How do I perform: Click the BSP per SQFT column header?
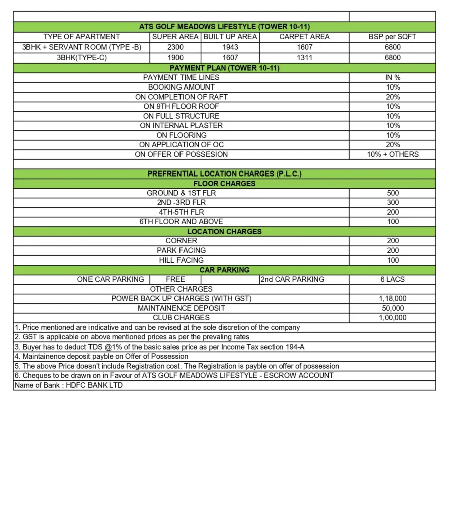click(x=392, y=37)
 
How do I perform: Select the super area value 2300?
click(x=175, y=47)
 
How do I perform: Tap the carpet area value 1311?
click(x=304, y=58)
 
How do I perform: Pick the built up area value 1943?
click(x=230, y=47)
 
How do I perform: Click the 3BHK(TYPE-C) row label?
click(x=81, y=58)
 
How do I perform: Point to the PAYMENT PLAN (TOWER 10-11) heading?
click(x=224, y=68)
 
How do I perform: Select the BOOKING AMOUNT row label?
click(x=181, y=87)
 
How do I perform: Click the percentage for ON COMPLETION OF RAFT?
click(x=392, y=97)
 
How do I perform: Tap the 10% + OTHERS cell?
click(x=392, y=154)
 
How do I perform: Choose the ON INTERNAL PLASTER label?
click(x=181, y=125)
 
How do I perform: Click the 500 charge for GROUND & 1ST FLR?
click(x=392, y=193)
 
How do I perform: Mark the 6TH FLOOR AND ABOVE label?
click(x=181, y=221)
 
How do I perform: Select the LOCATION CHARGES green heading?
click(x=224, y=231)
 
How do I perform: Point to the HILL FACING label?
click(x=181, y=260)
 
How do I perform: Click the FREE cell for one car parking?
click(x=175, y=279)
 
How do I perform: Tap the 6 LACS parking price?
click(x=392, y=279)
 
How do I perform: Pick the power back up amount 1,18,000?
click(x=392, y=298)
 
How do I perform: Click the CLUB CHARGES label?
click(x=181, y=317)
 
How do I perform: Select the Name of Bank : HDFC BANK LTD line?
click(x=68, y=385)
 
